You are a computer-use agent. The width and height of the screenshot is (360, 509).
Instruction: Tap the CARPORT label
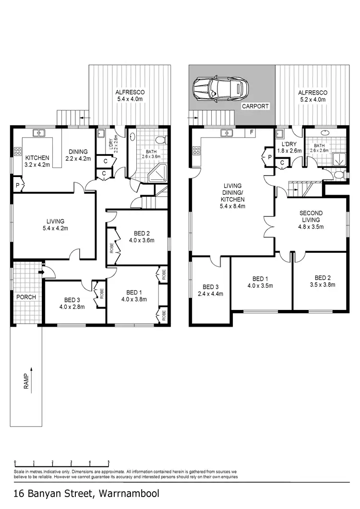click(255, 106)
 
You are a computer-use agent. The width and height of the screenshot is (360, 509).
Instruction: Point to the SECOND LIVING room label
click(311, 217)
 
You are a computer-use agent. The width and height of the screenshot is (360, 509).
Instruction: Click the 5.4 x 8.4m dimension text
click(232, 206)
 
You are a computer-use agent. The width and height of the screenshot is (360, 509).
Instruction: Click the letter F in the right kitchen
click(252, 131)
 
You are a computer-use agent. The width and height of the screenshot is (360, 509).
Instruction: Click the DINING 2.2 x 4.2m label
click(77, 155)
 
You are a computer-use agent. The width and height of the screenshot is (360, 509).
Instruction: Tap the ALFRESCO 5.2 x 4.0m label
click(312, 96)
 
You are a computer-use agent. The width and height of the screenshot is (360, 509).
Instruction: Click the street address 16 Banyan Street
click(86, 493)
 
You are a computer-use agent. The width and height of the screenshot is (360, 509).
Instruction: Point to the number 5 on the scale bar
click(108, 462)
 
